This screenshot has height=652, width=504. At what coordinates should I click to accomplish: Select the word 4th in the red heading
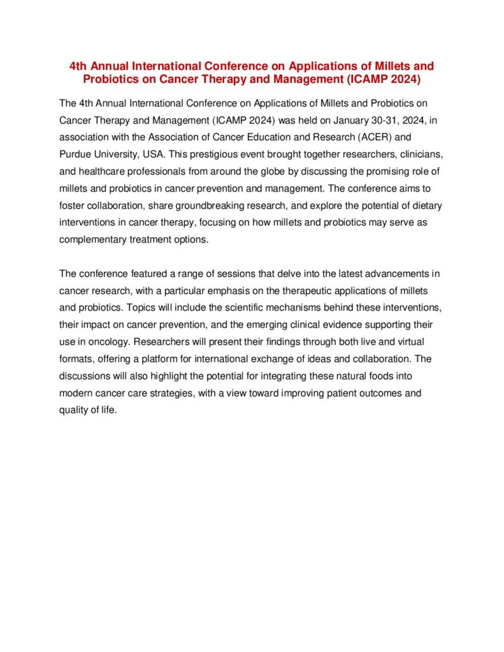(x=79, y=66)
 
